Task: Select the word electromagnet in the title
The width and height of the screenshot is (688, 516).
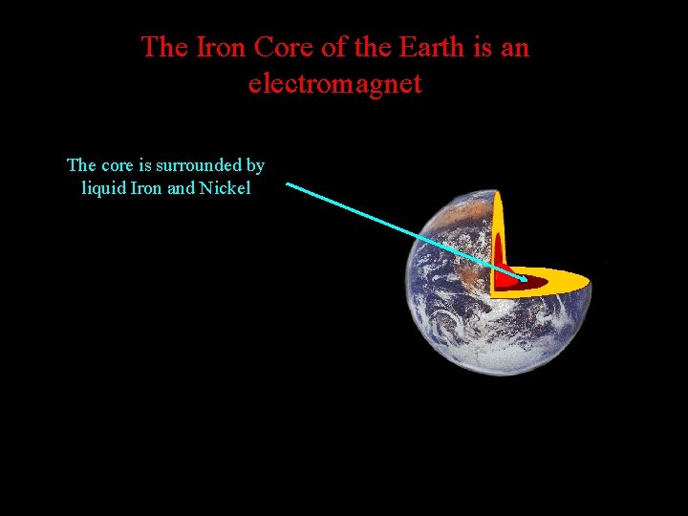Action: (x=334, y=84)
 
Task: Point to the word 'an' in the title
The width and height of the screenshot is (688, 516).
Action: (x=514, y=47)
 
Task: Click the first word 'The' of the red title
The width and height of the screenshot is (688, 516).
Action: (x=164, y=47)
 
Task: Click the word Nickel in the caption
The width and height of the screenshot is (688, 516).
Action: (x=225, y=188)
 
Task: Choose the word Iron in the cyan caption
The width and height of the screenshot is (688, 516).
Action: (x=146, y=188)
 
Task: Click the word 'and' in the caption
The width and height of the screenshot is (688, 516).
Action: (x=181, y=188)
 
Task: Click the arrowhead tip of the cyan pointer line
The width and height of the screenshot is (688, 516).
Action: (x=526, y=281)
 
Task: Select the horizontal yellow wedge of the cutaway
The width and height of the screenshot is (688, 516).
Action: (x=564, y=282)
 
